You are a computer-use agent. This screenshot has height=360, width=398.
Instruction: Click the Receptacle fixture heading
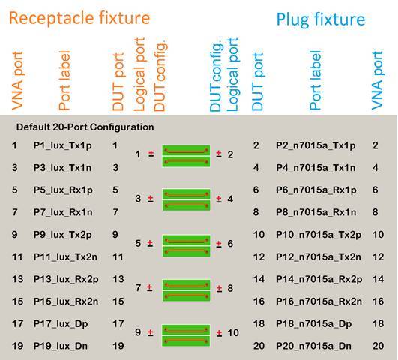[79, 18]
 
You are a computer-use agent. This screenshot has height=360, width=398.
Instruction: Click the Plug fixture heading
[321, 19]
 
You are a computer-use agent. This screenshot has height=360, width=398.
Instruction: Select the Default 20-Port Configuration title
[85, 127]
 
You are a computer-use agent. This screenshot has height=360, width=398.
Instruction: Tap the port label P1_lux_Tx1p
[62, 145]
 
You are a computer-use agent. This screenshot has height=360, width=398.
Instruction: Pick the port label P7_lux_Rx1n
[63, 212]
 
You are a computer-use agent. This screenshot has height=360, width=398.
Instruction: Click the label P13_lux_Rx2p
[66, 279]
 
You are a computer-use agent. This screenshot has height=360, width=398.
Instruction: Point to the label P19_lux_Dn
[61, 346]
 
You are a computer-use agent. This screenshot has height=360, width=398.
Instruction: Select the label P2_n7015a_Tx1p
[316, 145]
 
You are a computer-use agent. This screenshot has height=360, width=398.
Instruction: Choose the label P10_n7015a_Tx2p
[319, 235]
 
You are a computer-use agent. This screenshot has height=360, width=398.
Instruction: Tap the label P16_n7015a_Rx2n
[319, 301]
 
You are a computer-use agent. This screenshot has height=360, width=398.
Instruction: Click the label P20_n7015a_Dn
[314, 346]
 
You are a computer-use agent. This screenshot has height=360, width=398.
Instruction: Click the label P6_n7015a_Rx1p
[316, 190]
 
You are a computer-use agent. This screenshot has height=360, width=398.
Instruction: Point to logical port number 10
[233, 332]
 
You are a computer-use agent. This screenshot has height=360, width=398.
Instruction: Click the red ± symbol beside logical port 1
[151, 154]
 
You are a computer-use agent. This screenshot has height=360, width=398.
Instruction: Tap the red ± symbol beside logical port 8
[219, 288]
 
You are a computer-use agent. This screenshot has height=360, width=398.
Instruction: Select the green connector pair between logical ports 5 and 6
[186, 245]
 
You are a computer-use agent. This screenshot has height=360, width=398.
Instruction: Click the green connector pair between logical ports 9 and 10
[186, 335]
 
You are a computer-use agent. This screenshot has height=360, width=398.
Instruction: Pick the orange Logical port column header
[139, 75]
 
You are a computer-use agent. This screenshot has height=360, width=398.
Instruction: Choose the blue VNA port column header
[377, 80]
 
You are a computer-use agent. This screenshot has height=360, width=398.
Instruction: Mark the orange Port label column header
[64, 80]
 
